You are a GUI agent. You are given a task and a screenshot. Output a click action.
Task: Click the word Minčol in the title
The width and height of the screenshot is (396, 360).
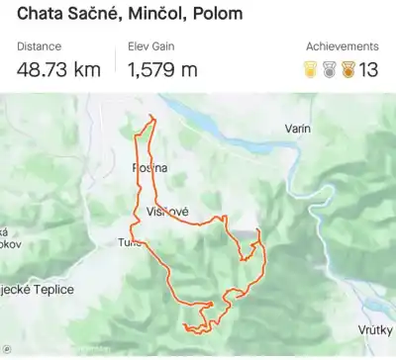click(x=160, y=15)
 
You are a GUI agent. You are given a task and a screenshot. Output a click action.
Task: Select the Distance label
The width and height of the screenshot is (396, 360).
click(x=39, y=46)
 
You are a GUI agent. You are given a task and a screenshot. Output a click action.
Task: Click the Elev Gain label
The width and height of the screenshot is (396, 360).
click(x=153, y=46)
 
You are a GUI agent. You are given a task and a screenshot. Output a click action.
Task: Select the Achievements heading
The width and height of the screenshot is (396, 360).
click(x=342, y=46)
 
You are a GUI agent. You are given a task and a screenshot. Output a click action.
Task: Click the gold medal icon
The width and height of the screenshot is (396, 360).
click(x=311, y=69)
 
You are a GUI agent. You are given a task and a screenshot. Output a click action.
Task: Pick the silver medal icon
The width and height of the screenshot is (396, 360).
click(x=329, y=69)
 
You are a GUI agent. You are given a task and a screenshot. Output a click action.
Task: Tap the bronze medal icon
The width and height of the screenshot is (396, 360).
click(x=346, y=69)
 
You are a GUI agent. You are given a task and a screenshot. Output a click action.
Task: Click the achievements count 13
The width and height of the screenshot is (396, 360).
click(x=368, y=69)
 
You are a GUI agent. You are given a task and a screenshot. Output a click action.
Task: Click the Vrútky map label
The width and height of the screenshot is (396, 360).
click(x=376, y=329)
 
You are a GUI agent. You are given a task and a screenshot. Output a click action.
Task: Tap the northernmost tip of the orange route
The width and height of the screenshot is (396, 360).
click(x=150, y=117)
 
